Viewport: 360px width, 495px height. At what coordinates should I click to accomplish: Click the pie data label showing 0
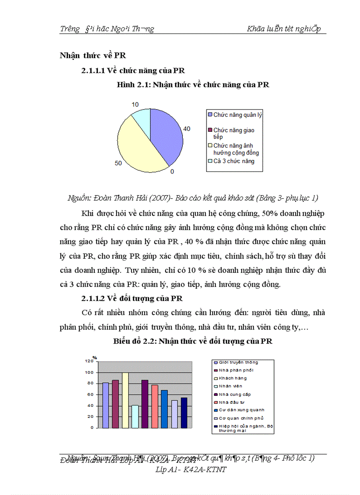pyautogui.click(x=172, y=171)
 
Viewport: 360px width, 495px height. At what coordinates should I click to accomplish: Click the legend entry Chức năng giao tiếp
pyautogui.click(x=234, y=133)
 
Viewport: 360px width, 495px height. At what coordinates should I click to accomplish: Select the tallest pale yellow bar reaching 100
pyautogui.click(x=125, y=400)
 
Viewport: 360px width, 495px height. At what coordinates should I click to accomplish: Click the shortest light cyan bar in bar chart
pyautogui.click(x=135, y=417)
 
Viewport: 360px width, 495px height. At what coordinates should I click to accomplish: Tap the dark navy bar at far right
pyautogui.click(x=184, y=413)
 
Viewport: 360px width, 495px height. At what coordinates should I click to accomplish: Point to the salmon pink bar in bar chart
pyautogui.click(x=155, y=406)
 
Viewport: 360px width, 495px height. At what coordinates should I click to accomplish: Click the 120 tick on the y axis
pyautogui.click(x=89, y=361)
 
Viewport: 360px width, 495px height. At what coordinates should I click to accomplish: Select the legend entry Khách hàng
pyautogui.click(x=232, y=378)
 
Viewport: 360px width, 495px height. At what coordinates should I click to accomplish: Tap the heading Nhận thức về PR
pyautogui.click(x=93, y=56)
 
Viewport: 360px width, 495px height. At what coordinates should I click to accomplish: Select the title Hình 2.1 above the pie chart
pyautogui.click(x=193, y=85)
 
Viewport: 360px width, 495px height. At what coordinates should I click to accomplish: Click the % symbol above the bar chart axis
pyautogui.click(x=94, y=357)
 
